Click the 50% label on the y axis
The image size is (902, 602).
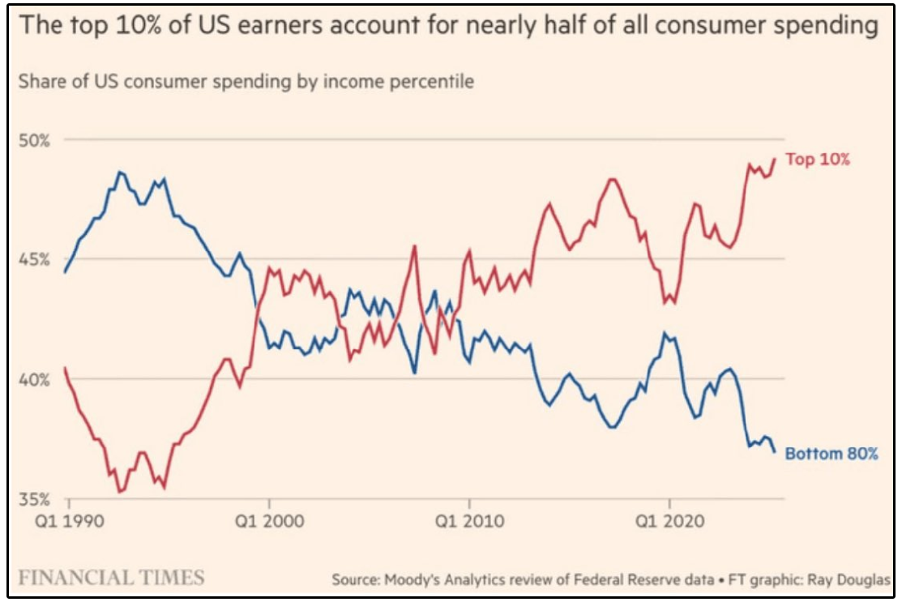35,140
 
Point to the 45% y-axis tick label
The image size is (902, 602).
35,259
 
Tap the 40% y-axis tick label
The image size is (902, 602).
35,379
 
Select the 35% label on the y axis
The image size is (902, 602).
35,499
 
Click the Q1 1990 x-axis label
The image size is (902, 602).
70,522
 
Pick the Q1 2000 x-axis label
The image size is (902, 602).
270,522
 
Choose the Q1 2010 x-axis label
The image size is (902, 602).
469,522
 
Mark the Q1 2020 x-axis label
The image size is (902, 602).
669,522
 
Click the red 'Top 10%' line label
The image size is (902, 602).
818,160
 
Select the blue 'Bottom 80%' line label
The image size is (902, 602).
831,454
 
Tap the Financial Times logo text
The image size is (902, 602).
112,577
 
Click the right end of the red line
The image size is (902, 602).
776,159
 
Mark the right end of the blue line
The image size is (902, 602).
775,452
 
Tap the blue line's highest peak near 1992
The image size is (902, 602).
120,171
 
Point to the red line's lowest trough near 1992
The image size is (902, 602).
120,492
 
